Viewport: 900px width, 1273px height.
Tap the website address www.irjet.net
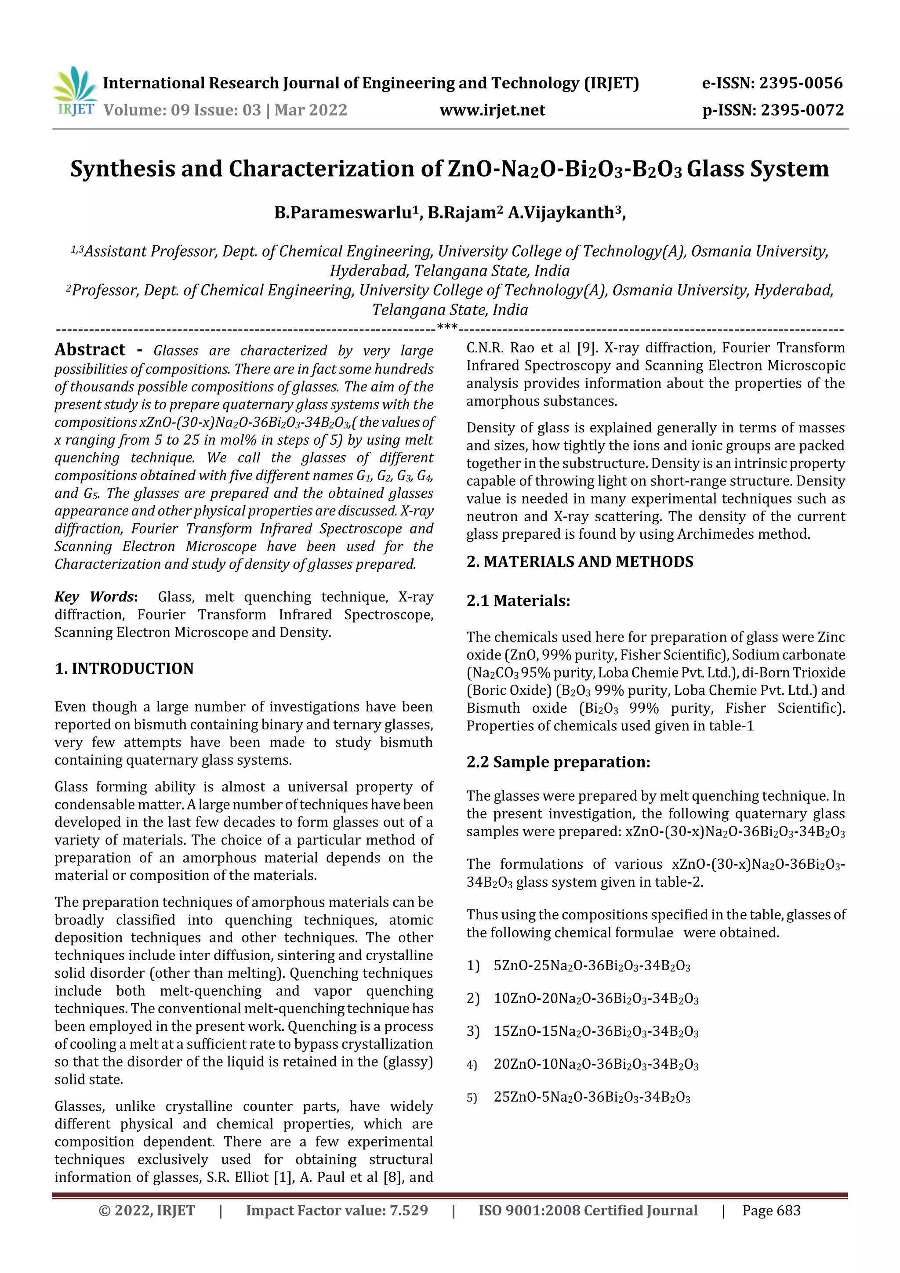pos(492,110)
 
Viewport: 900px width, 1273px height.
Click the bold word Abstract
pos(90,349)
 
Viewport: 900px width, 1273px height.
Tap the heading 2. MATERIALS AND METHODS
pos(580,562)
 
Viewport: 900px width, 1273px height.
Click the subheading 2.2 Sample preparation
pos(558,762)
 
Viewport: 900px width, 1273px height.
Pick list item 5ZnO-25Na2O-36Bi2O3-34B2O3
pos(591,966)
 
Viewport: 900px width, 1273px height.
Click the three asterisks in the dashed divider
pos(447,326)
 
